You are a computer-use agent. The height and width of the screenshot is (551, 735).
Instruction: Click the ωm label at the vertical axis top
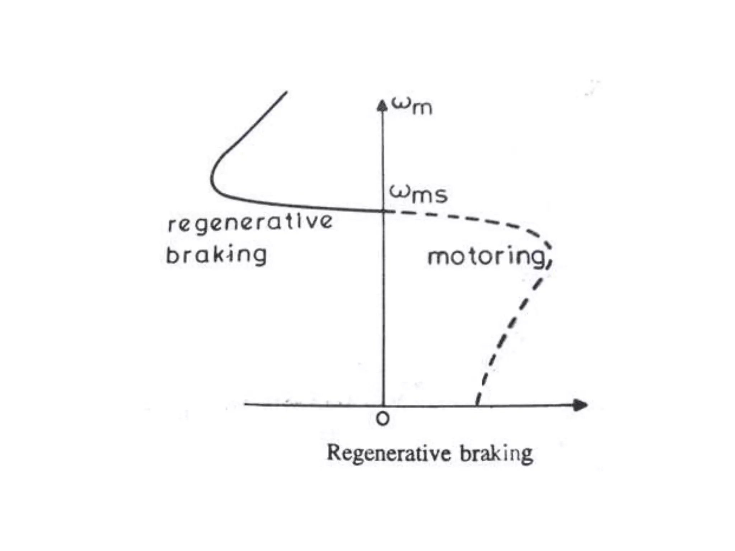[x=412, y=106]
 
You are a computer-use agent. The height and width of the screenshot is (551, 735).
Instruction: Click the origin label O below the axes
[x=383, y=419]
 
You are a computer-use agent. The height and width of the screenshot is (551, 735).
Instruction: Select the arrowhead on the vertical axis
[x=383, y=105]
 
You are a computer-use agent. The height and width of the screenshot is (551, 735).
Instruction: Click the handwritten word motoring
[x=486, y=257]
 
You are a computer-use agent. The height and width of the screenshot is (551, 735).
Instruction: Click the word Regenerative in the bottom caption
[x=389, y=453]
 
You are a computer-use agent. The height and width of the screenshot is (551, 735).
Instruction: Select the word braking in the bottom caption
[x=496, y=454]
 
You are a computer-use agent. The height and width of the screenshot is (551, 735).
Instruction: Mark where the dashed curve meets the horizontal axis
[x=477, y=405]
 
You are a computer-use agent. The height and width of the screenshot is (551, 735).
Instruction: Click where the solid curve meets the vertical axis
[x=383, y=211]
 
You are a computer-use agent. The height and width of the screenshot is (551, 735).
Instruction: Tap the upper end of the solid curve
[x=286, y=92]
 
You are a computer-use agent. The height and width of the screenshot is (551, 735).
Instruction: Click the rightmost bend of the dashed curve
[x=550, y=248]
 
